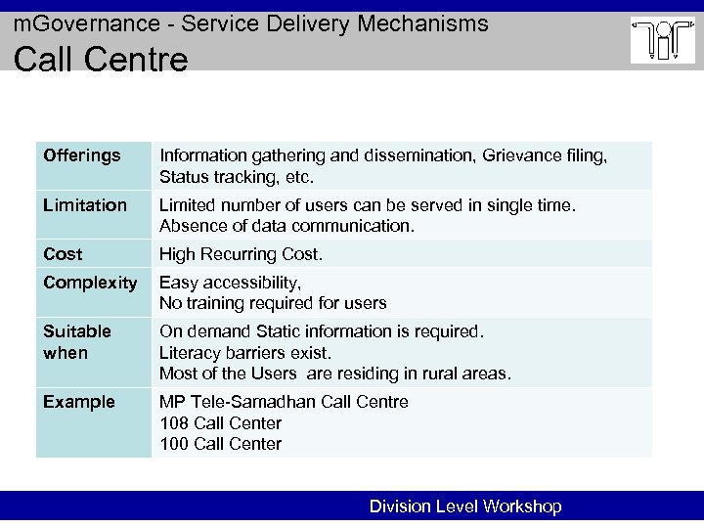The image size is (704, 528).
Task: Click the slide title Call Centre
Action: click(x=100, y=61)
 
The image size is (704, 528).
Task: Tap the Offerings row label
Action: click(x=82, y=155)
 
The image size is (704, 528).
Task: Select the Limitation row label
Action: click(x=85, y=204)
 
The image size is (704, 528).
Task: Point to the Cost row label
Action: click(x=63, y=253)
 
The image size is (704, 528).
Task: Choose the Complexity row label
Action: click(x=90, y=283)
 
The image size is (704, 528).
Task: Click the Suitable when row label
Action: click(x=77, y=342)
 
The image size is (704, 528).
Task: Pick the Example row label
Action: click(x=79, y=402)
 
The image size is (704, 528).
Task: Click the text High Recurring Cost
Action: click(x=241, y=254)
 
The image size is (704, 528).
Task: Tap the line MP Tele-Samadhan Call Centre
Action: click(x=284, y=402)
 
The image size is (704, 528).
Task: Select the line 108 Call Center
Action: click(x=220, y=423)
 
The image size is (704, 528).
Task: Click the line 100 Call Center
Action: click(x=220, y=444)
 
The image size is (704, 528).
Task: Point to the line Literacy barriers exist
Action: click(x=245, y=353)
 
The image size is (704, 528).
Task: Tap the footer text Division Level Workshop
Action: click(x=465, y=506)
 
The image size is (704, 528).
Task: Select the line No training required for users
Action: click(x=273, y=303)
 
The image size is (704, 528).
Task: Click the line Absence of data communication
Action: click(x=286, y=226)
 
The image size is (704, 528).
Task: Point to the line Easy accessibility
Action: click(x=230, y=283)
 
